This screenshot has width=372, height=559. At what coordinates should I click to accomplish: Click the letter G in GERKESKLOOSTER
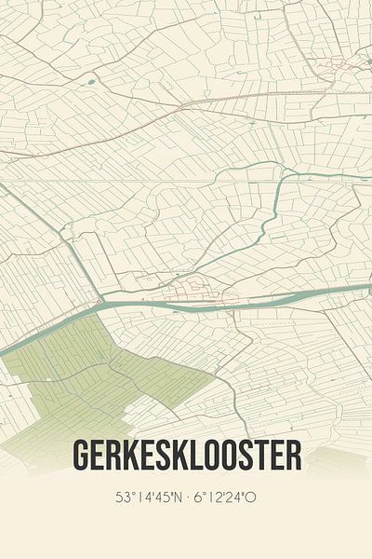82,456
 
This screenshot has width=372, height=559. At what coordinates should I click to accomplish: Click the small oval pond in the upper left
91,82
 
